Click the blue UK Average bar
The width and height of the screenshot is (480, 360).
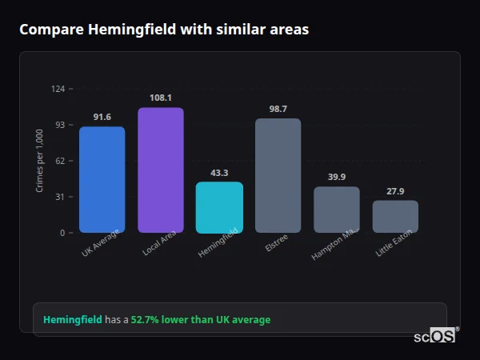102,179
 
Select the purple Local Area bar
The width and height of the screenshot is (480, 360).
160,170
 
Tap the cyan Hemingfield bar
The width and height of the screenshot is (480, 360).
219,207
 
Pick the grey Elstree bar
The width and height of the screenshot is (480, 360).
278,175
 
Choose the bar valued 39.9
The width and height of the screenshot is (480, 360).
336,210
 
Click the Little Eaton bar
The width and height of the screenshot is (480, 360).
395,216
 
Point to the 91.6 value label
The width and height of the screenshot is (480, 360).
102,118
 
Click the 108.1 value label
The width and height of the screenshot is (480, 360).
160,98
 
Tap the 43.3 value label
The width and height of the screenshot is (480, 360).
219,173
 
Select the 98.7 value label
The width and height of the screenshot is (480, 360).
278,109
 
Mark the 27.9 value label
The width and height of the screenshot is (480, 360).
395,191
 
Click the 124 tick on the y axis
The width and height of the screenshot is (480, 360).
58,89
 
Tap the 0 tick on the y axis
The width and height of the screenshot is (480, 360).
62,233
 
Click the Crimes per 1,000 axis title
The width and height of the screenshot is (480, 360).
40,161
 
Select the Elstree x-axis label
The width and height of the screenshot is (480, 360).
276,243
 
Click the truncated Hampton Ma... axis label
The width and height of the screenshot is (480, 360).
334,244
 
